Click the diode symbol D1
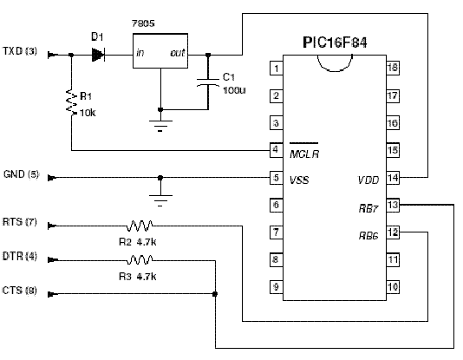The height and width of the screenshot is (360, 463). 98,55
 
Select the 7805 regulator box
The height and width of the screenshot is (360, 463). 160,51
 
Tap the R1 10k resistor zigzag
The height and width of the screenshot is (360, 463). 71,101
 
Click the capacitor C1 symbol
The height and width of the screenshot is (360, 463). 208,82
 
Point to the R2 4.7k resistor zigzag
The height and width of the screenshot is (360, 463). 140,226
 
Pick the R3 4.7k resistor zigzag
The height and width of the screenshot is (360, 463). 140,260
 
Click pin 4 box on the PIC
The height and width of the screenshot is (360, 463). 277,150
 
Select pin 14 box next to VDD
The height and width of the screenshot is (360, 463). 393,178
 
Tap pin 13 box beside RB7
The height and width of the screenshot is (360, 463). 393,205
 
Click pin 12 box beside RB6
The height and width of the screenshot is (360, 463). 393,232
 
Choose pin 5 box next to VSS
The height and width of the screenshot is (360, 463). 277,178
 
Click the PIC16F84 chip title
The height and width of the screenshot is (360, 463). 335,43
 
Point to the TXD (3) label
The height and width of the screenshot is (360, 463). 20,51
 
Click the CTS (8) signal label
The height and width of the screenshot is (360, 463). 19,291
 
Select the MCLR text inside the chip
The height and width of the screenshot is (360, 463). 304,154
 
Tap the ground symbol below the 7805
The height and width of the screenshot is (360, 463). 160,126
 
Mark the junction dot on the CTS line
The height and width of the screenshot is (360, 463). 215,294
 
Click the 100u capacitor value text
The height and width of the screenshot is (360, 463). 234,90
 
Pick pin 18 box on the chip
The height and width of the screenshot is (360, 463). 393,68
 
